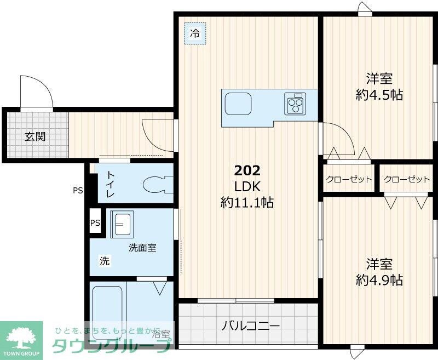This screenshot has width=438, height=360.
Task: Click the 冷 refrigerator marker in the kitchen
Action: point(194,33)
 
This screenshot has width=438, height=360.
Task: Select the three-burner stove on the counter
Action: point(295,103)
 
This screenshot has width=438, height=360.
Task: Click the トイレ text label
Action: point(110,184)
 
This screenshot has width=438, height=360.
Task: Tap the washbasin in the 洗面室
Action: point(121,224)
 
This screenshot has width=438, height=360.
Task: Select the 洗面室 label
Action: point(142,248)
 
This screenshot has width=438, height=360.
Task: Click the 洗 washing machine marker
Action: point(104,261)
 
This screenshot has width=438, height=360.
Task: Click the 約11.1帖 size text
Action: point(247,203)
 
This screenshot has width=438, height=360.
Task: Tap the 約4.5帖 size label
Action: point(379,95)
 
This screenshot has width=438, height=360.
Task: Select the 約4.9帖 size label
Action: point(379,280)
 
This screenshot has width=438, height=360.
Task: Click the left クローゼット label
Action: point(349,180)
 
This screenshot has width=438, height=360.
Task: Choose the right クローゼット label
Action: point(407,180)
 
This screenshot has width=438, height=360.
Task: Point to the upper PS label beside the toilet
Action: point(78,191)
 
